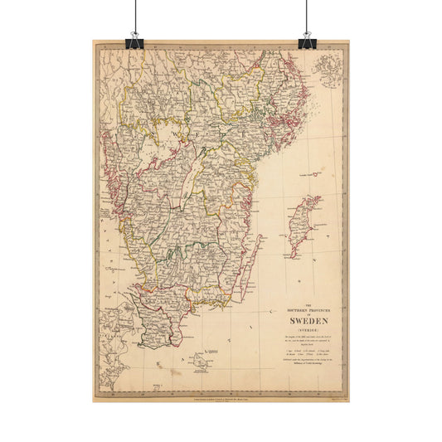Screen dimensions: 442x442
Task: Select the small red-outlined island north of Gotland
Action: tap(312, 174)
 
